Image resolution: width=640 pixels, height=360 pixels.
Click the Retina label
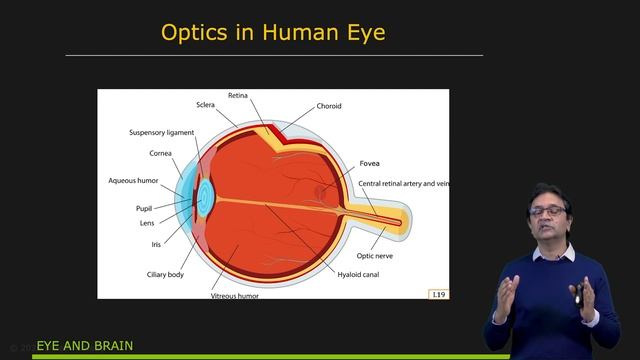(238, 95)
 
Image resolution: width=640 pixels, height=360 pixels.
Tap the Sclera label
(205, 104)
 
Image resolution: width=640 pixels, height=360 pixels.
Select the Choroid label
(330, 105)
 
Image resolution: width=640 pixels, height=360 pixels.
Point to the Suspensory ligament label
(161, 132)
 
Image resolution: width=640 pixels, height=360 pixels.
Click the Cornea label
(161, 153)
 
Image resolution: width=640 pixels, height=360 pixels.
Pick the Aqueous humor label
(133, 181)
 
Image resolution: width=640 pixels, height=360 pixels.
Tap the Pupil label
(144, 208)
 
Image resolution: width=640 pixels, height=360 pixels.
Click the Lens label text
(147, 223)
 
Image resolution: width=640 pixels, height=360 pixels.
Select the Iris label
(156, 243)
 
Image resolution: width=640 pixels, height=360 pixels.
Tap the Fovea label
(369, 163)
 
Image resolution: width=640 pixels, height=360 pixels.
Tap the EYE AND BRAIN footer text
(85, 347)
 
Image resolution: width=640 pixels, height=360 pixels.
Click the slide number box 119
(437, 294)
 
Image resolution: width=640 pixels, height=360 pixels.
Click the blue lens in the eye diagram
(205, 194)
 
